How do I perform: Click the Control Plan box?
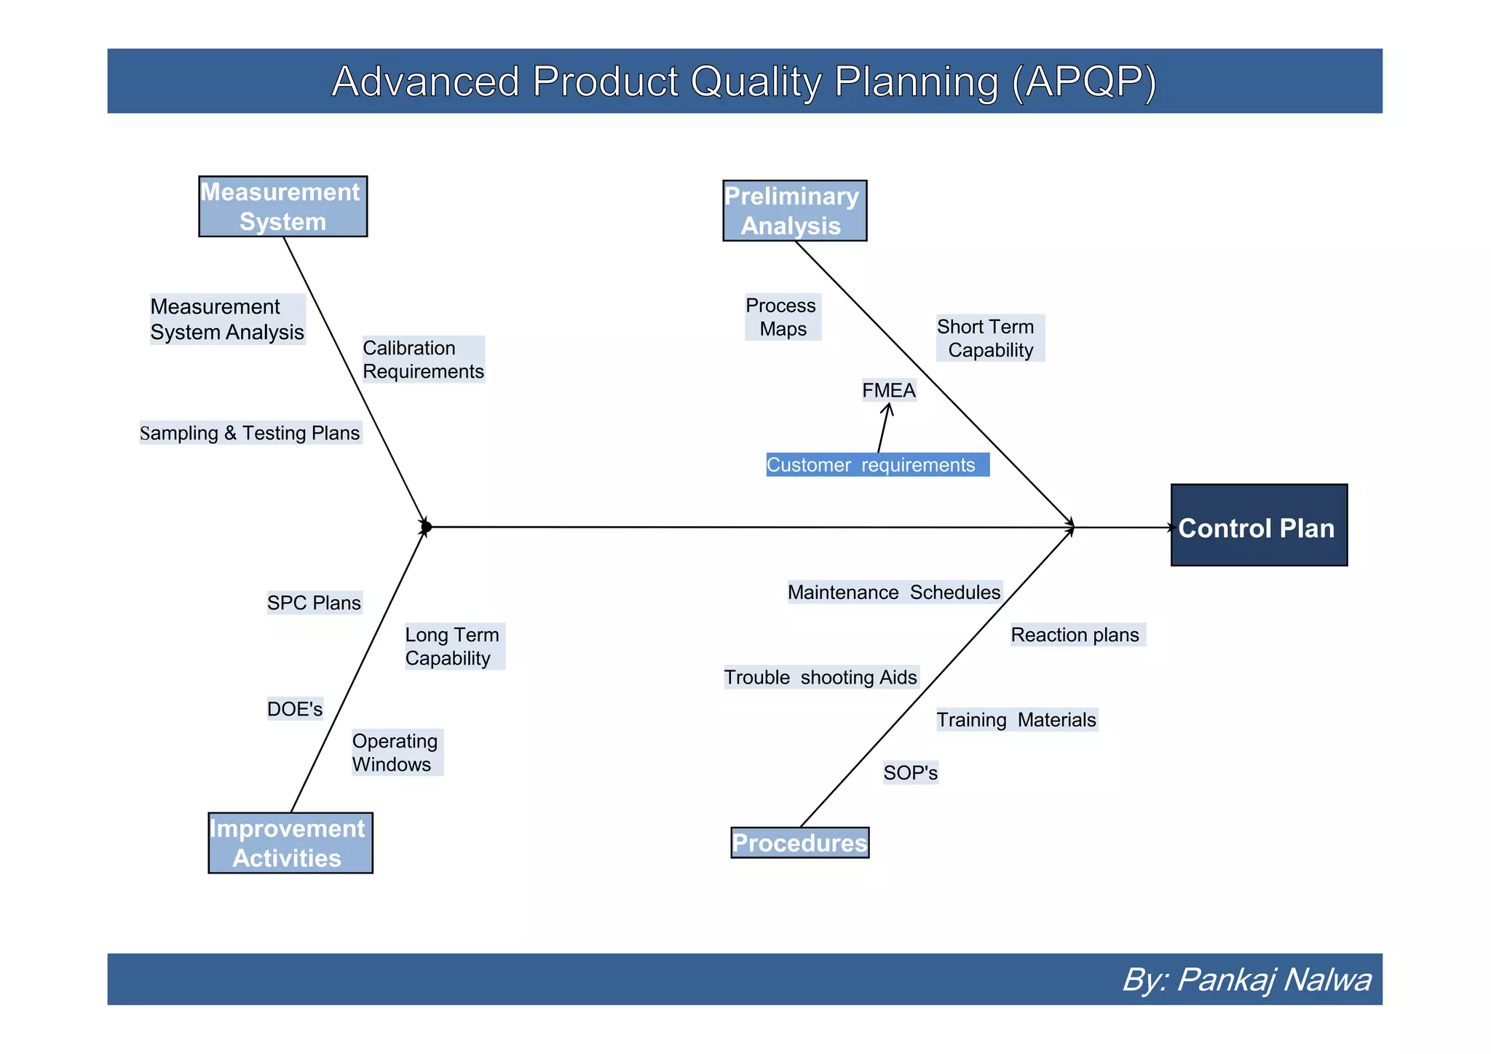[x=1258, y=525]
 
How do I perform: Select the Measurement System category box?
[x=282, y=207]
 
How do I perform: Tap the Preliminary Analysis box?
[x=794, y=211]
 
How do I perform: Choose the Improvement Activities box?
[x=290, y=843]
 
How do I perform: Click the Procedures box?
[x=799, y=843]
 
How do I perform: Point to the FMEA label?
[x=888, y=391]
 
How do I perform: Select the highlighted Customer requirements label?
[x=877, y=465]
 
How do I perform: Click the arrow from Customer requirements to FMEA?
[x=883, y=429]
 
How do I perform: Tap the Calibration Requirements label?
[x=423, y=360]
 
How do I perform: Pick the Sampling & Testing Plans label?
[x=250, y=433]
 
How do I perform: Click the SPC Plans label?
[x=314, y=603]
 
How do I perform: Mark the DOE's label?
[x=294, y=709]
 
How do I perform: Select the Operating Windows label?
[x=396, y=753]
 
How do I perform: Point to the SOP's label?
[x=910, y=773]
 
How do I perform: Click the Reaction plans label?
[x=1075, y=635]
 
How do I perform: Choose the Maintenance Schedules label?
[x=894, y=593]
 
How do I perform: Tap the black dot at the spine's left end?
[x=427, y=526]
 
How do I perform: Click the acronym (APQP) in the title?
[x=1083, y=82]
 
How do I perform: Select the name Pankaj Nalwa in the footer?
[x=1273, y=980]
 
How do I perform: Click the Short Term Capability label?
[x=989, y=338]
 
